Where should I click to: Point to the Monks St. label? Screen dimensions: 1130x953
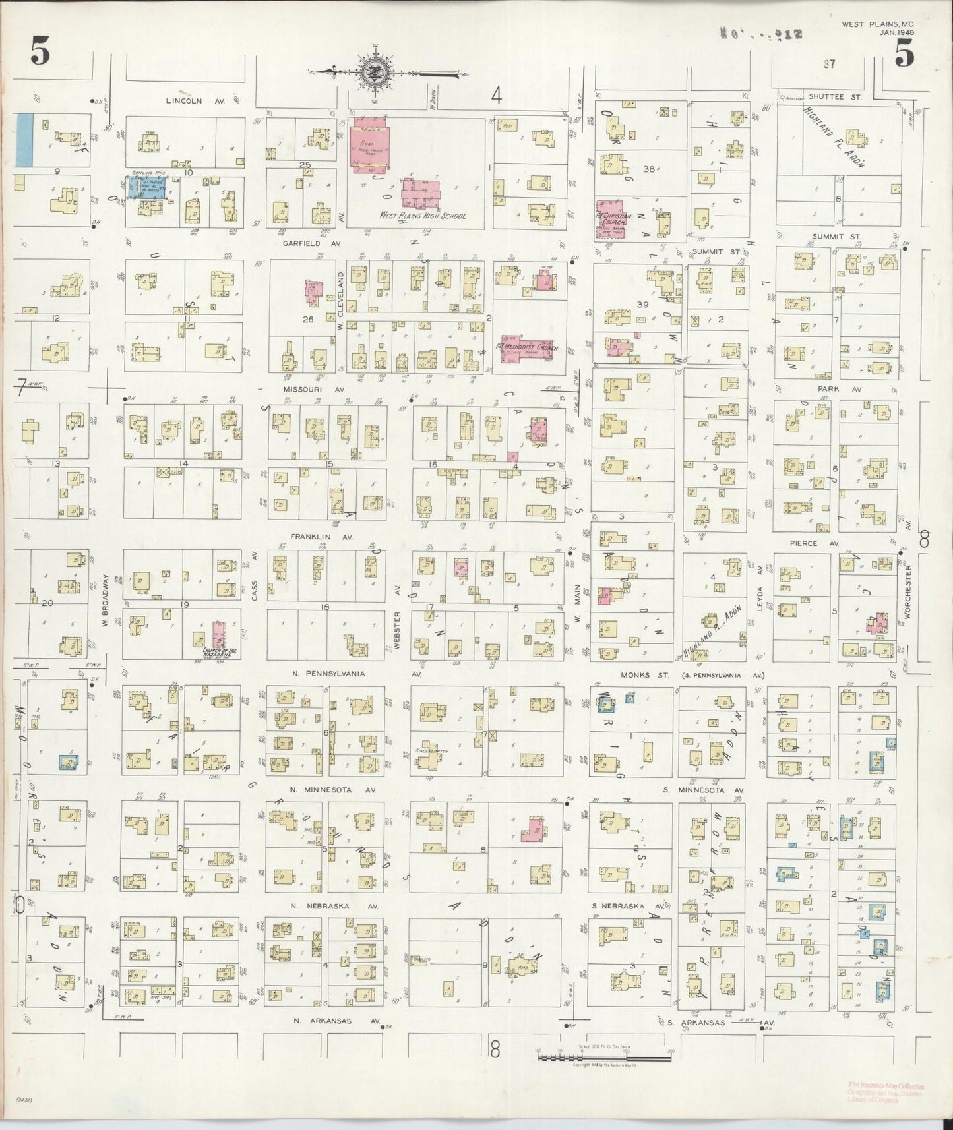636,675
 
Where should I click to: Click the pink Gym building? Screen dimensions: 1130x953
369,144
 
